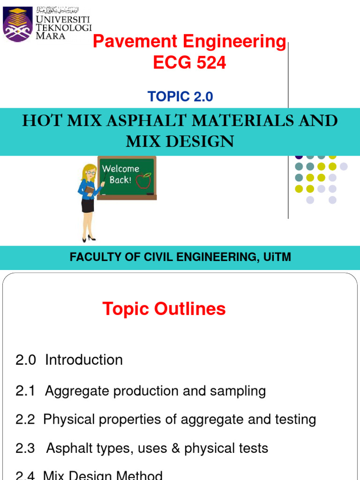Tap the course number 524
[210, 63]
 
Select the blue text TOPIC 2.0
[180, 97]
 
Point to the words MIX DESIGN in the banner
[180, 141]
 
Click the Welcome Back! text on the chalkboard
[120, 174]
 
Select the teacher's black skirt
[88, 205]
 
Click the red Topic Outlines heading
[164, 309]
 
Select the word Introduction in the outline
[84, 360]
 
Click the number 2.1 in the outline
[25, 391]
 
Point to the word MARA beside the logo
[51, 36]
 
